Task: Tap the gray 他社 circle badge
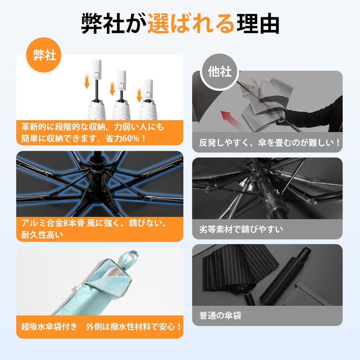(219, 71)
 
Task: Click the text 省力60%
(126, 139)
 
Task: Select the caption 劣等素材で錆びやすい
(241, 229)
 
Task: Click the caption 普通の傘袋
(220, 315)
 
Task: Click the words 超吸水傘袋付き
(49, 327)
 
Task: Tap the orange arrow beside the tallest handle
(87, 81)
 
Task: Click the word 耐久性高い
(42, 234)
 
